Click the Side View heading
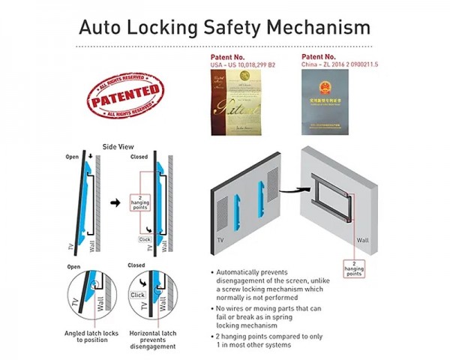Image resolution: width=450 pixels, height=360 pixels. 116,145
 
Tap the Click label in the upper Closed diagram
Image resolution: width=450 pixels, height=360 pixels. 146,239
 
